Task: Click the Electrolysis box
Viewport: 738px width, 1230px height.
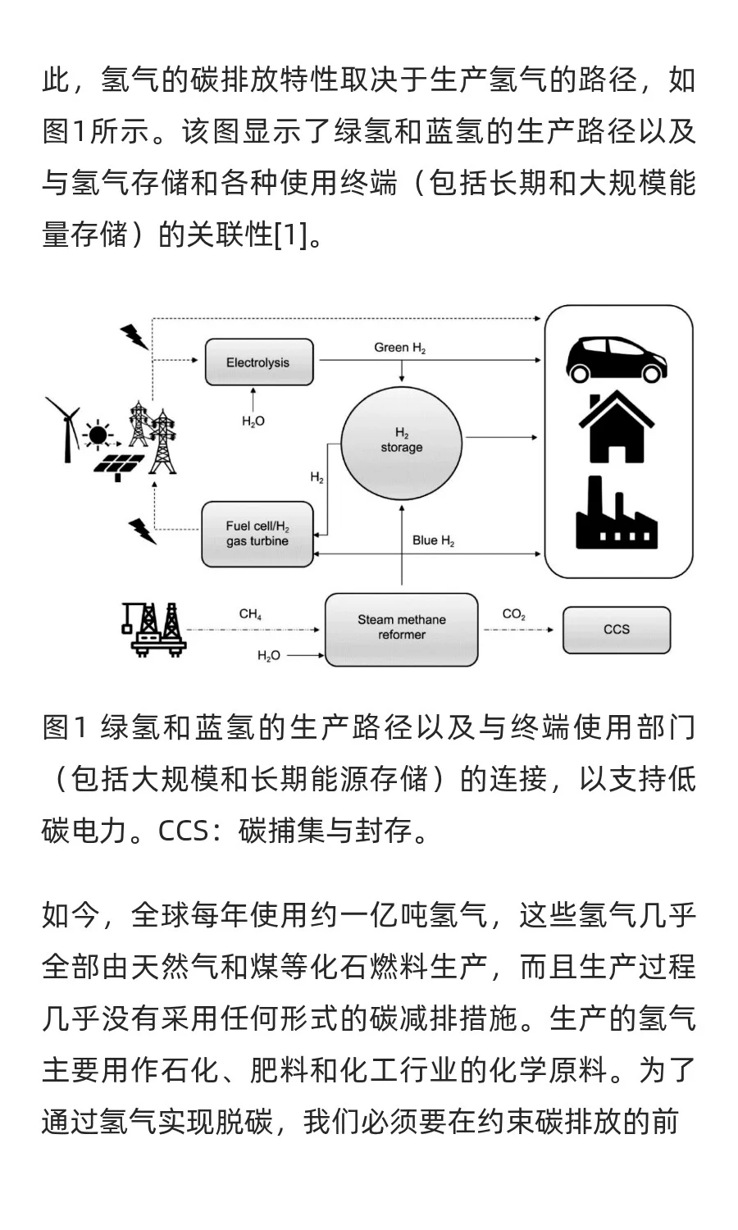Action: click(x=258, y=362)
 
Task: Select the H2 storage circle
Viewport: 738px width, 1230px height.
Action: click(x=401, y=440)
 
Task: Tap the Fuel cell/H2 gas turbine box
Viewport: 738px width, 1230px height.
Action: click(x=257, y=534)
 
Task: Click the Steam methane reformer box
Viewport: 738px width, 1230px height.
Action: click(x=401, y=628)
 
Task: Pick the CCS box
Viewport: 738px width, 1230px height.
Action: click(x=616, y=629)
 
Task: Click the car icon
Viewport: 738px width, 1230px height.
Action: click(x=617, y=356)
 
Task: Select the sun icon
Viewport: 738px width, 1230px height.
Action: click(x=98, y=434)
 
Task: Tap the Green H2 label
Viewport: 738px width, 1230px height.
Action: click(x=399, y=348)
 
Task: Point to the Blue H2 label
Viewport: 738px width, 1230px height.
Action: click(x=433, y=540)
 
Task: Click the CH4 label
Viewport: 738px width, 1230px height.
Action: click(x=250, y=614)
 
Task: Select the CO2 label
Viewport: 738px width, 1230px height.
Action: click(x=514, y=614)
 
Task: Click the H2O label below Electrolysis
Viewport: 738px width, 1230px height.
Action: click(x=253, y=421)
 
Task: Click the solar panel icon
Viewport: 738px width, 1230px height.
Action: click(x=120, y=464)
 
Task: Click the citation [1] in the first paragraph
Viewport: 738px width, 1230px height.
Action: click(x=290, y=235)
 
